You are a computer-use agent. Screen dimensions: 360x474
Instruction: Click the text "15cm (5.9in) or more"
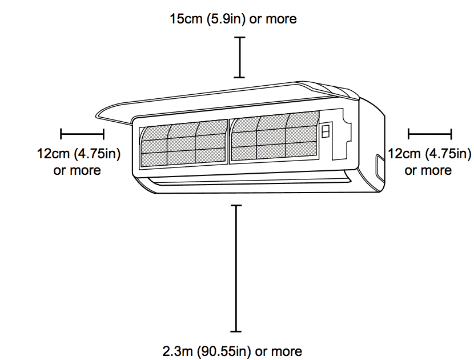click(233, 19)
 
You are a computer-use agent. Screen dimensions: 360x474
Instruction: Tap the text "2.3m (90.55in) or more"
click(232, 351)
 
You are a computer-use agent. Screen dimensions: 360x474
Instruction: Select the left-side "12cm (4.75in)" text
click(78, 154)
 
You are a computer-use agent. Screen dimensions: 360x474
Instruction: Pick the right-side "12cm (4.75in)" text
click(429, 154)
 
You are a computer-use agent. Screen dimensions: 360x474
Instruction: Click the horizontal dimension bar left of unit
click(82, 134)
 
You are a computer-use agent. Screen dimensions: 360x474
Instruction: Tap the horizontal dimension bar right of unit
click(430, 134)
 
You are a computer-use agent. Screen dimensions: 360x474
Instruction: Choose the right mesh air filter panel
click(273, 137)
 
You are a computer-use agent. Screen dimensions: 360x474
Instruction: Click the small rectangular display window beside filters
click(326, 132)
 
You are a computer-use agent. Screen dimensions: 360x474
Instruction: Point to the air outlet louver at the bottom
click(246, 182)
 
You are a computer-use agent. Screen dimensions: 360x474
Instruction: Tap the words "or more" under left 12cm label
click(77, 170)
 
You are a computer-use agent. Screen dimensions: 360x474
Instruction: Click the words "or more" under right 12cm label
click(428, 170)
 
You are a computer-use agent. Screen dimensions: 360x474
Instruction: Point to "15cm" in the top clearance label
click(186, 19)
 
